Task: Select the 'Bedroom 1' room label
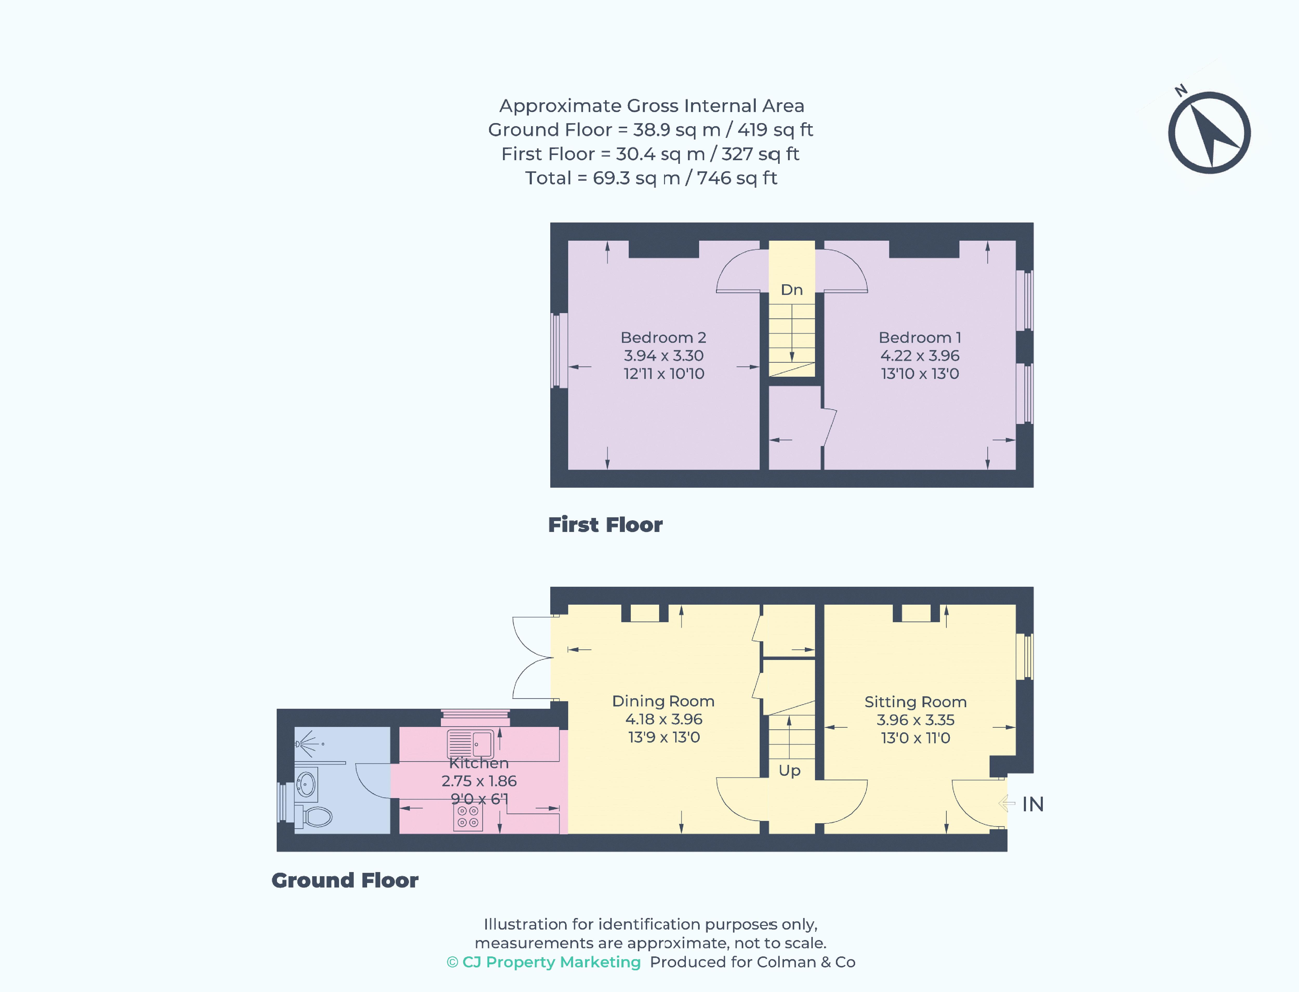[920, 338]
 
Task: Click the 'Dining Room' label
[663, 701]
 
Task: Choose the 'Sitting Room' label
[915, 702]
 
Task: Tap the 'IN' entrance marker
[1032, 804]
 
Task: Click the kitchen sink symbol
[470, 743]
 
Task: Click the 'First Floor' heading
[605, 525]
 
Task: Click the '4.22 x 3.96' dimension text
[920, 355]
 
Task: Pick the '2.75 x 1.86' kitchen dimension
[479, 781]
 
